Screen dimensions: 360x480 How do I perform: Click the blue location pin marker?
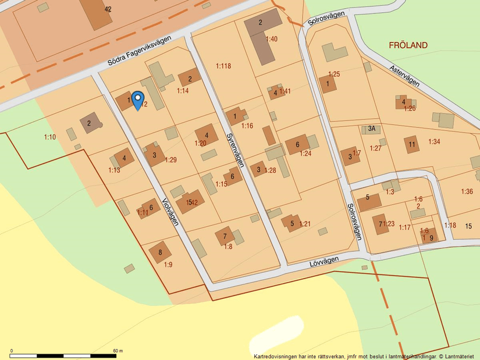click(137, 100)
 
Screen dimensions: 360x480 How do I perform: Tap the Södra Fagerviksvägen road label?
click(140, 51)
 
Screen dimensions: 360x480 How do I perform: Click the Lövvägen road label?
click(323, 262)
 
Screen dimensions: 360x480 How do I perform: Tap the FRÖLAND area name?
click(408, 45)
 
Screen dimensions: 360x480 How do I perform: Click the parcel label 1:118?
click(223, 66)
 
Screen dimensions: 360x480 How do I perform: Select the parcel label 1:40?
click(272, 39)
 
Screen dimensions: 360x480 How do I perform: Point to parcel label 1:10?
click(50, 137)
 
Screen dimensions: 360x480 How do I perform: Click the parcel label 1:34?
click(435, 141)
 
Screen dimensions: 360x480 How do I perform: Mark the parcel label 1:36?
click(467, 191)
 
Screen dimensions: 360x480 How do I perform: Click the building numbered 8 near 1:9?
click(160, 252)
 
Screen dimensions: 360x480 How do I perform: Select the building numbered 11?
click(412, 144)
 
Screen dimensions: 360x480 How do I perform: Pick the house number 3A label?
click(371, 129)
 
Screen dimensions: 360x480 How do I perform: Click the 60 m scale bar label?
click(118, 351)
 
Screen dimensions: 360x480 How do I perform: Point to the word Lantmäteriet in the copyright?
click(461, 356)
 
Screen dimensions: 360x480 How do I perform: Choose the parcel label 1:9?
click(168, 265)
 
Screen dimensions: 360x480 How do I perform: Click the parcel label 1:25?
click(334, 74)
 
